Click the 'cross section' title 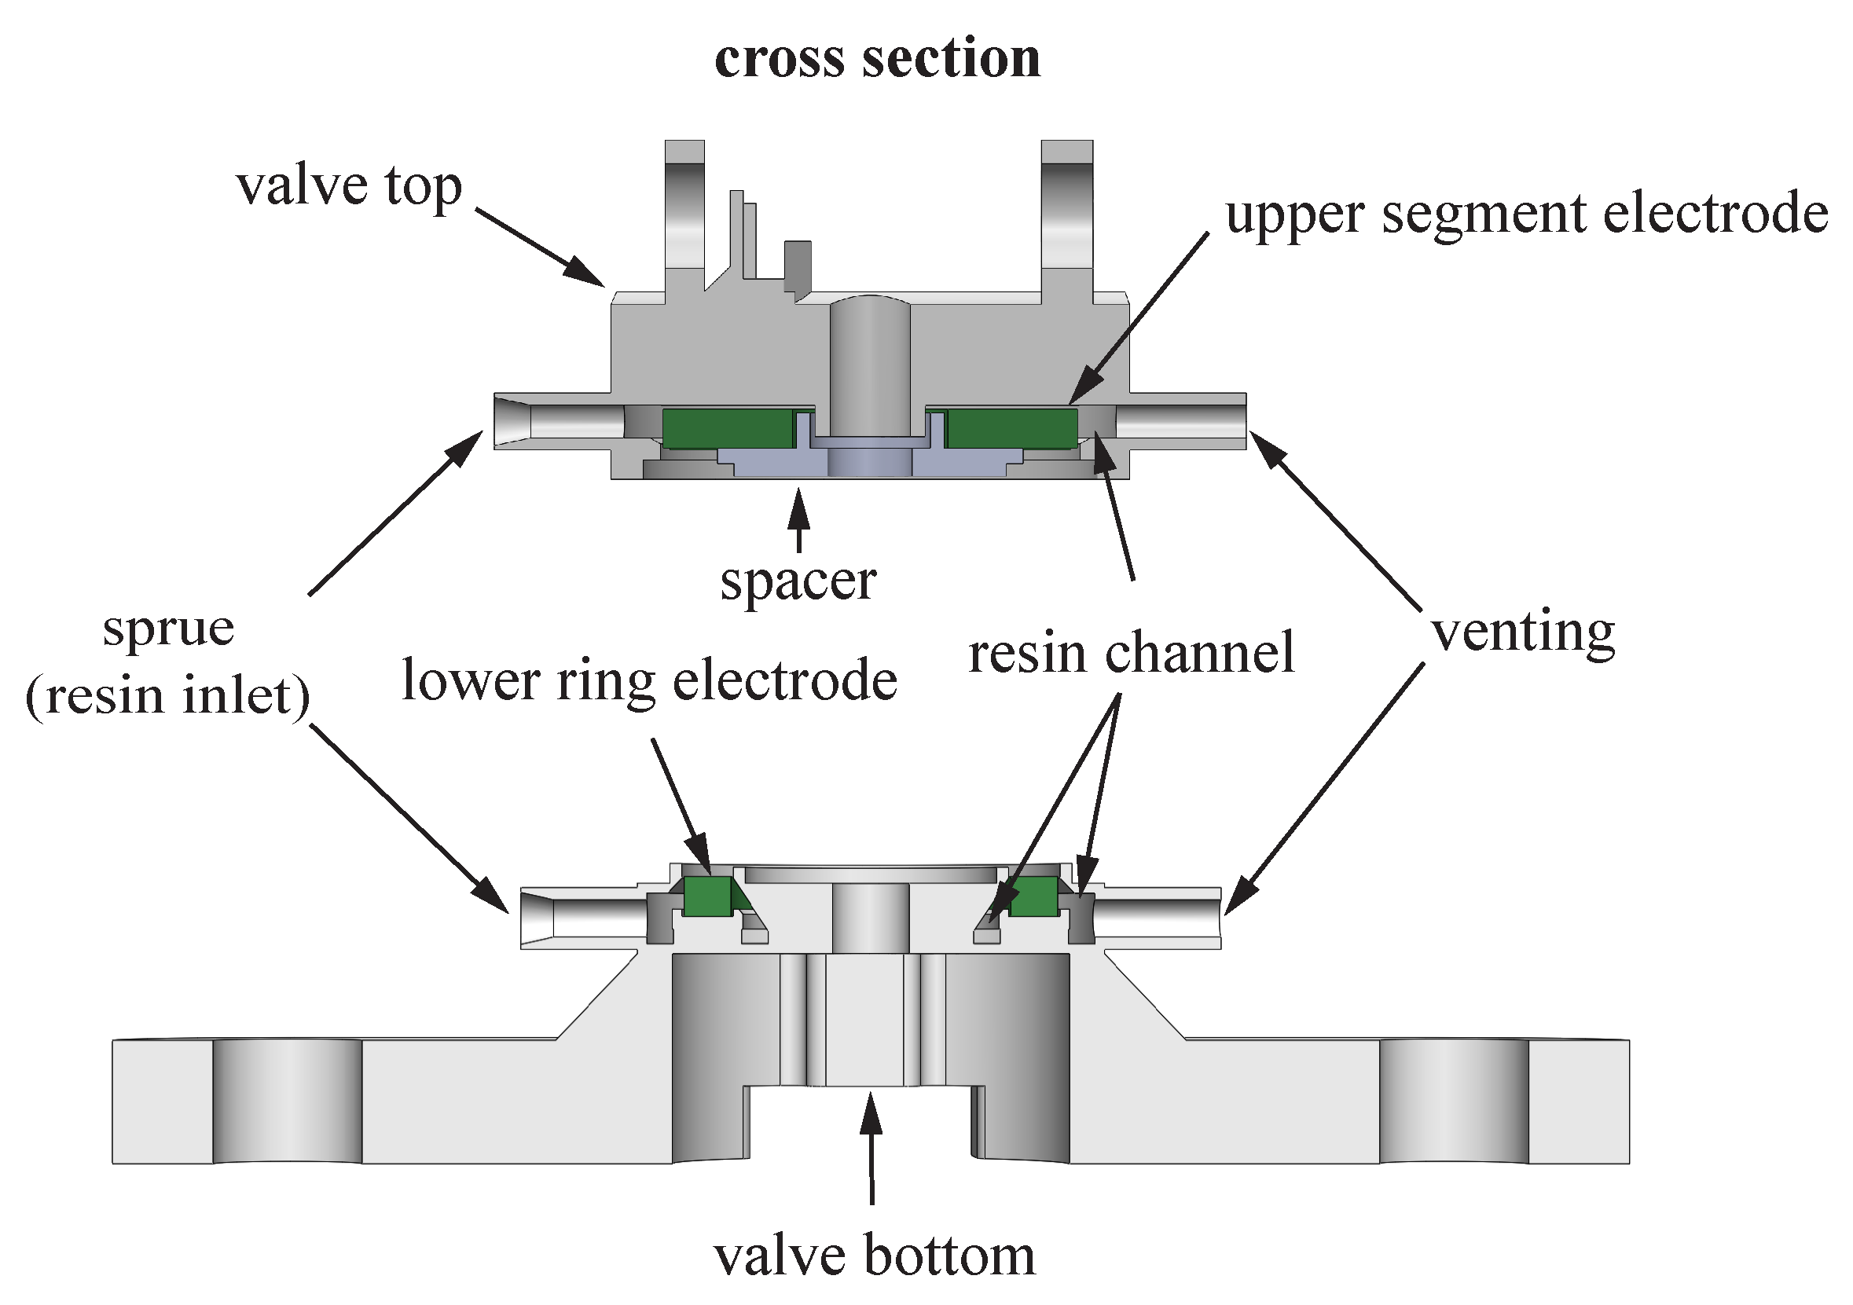877,59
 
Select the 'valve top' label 349,186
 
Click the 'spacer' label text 798,581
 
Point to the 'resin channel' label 1131,653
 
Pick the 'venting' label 1523,632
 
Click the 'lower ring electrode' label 649,680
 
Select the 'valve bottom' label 874,1256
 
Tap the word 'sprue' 168,629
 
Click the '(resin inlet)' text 168,695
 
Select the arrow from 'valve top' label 539,247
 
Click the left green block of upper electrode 725,428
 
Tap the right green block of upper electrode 1011,428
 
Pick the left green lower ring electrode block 707,896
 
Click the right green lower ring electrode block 1033,896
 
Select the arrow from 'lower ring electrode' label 681,806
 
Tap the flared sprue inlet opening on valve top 513,420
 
